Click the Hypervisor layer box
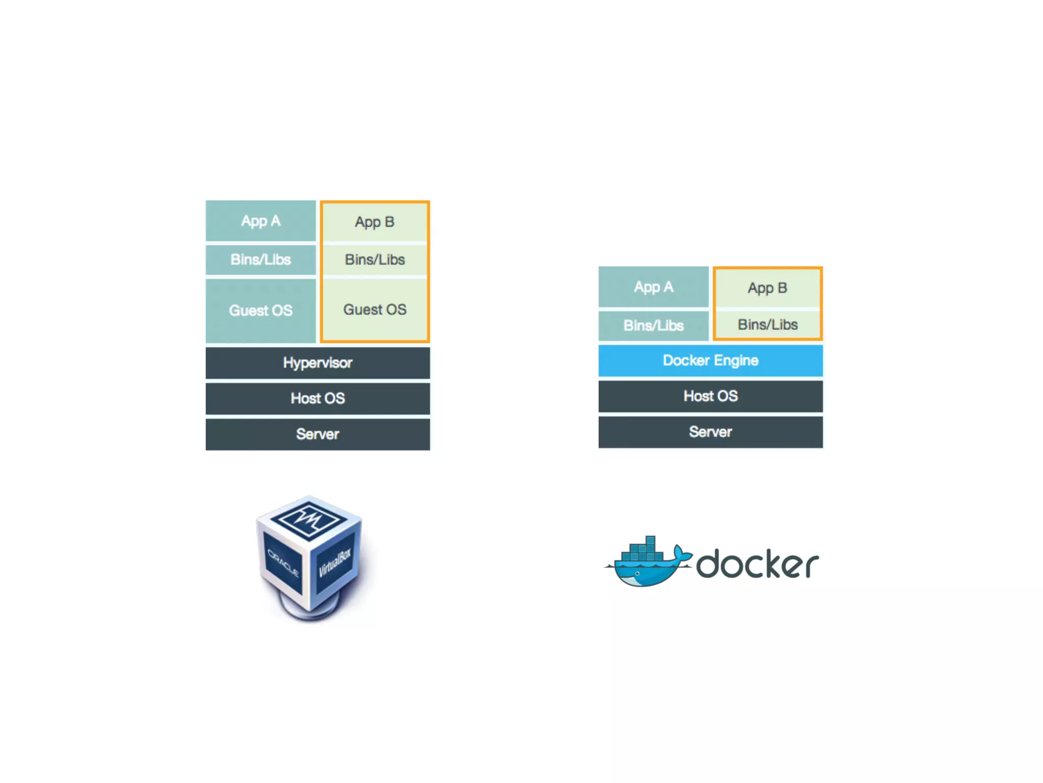tap(317, 363)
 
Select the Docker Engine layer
tap(710, 360)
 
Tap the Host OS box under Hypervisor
tap(317, 398)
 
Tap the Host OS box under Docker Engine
tap(710, 396)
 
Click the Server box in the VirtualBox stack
tap(317, 434)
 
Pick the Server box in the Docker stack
tap(710, 432)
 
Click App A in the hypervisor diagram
tap(261, 221)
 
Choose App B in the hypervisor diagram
tap(375, 222)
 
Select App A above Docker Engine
tap(653, 287)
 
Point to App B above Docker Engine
tap(767, 288)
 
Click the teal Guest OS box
tap(261, 310)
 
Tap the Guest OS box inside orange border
tap(375, 309)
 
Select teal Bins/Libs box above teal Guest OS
tap(261, 259)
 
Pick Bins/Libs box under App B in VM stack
tap(375, 259)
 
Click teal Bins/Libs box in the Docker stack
tap(653, 325)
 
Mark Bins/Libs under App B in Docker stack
tap(767, 324)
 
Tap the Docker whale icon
tap(647, 563)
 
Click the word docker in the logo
tap(757, 564)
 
